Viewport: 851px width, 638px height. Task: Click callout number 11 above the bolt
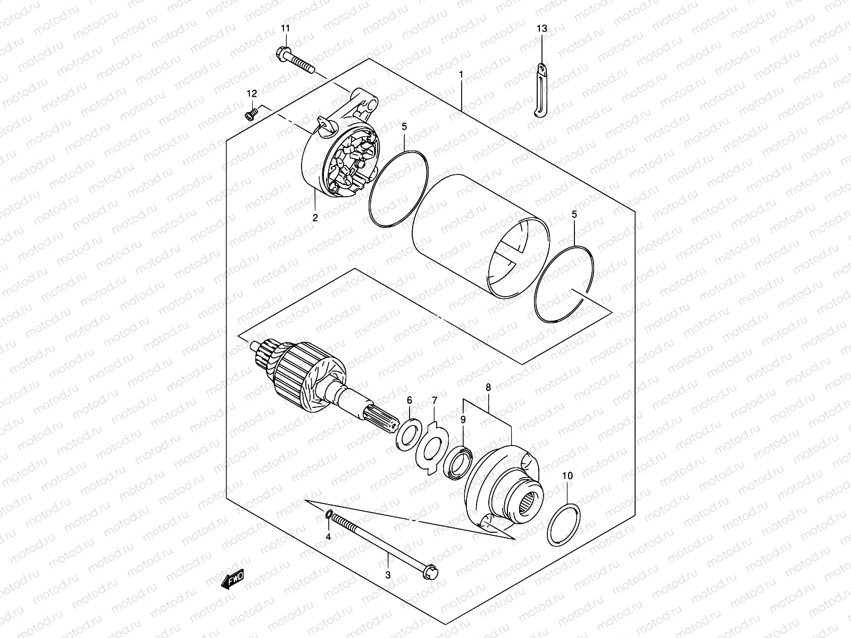286,28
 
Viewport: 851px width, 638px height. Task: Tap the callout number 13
541,28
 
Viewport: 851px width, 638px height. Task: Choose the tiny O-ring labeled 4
329,514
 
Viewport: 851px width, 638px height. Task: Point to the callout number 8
488,388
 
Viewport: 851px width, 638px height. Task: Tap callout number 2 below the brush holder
314,217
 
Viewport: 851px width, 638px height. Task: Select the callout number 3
388,575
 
